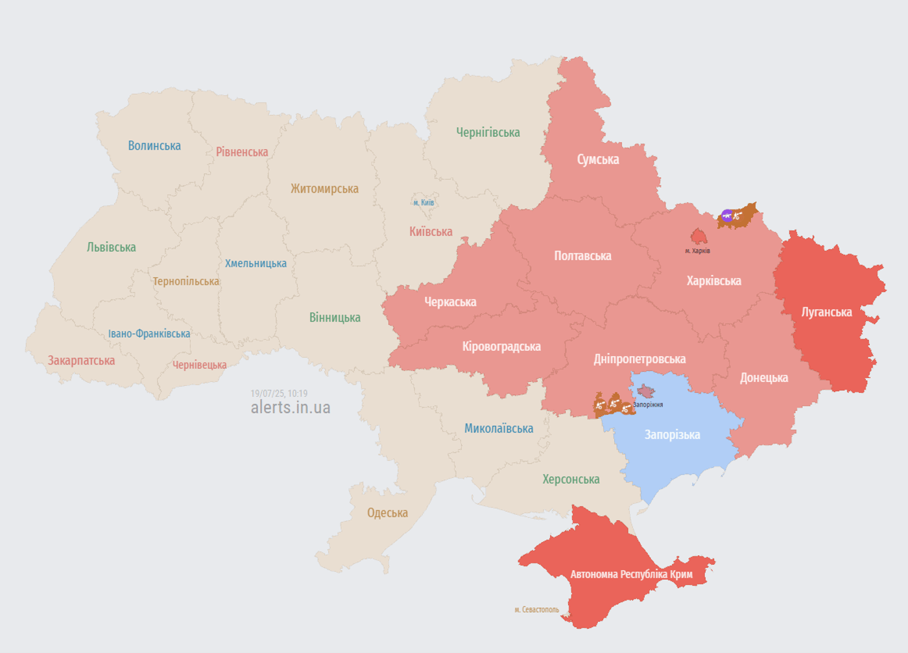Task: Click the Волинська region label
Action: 154,146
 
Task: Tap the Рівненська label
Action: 242,152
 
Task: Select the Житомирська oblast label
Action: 324,189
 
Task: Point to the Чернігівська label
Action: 488,133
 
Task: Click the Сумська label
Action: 597,160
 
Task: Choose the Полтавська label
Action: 582,256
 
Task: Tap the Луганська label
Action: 826,312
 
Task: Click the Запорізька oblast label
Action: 672,435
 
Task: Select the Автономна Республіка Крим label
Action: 631,575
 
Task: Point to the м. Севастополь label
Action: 536,610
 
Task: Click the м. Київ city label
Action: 424,203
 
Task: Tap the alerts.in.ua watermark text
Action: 291,407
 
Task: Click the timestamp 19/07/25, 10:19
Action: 279,394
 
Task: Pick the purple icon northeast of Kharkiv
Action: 727,215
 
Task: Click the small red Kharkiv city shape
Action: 699,236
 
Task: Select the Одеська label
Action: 387,513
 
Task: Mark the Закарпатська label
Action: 81,361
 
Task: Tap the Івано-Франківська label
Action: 149,334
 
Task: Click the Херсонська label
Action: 571,480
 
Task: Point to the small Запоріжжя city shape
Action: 645,391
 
